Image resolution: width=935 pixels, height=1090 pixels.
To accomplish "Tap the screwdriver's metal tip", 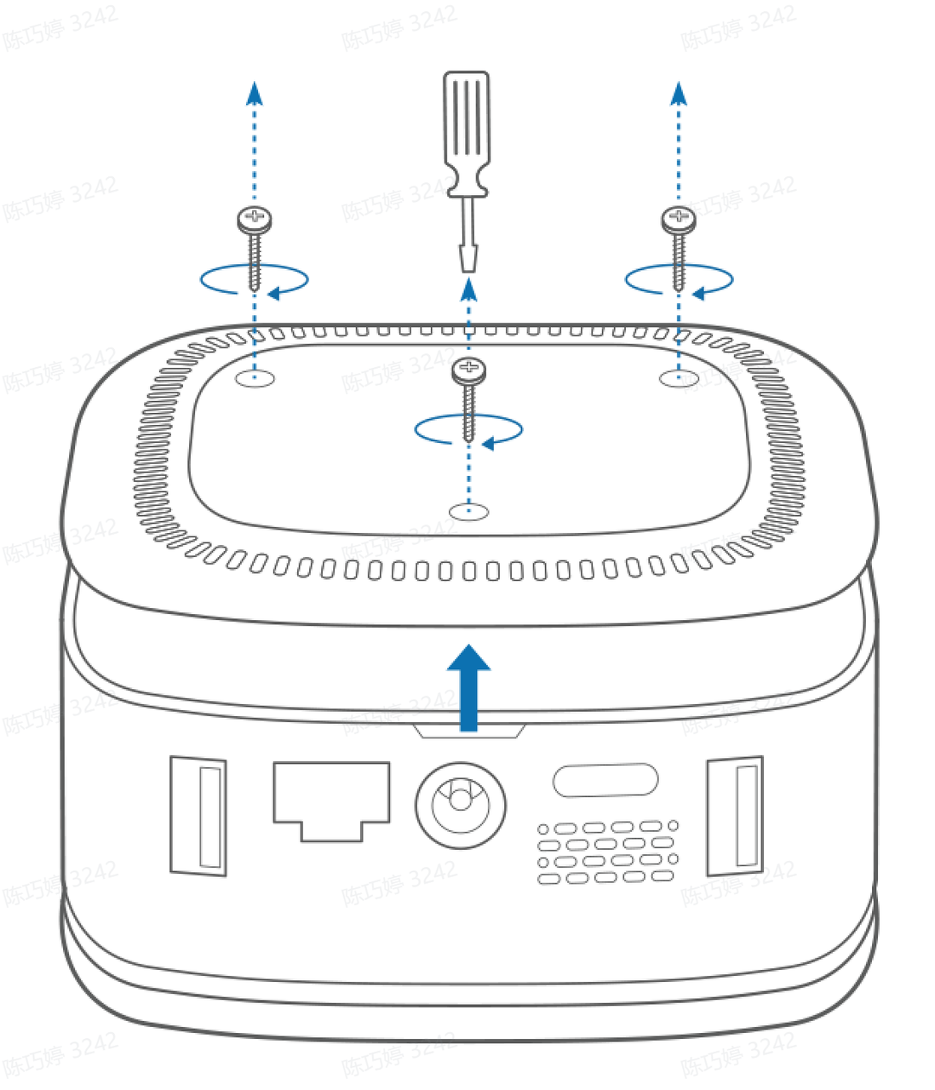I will pyautogui.click(x=467, y=257).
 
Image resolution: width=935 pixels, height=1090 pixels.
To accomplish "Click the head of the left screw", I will pyautogui.click(x=255, y=221).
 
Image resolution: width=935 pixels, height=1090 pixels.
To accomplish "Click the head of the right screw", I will pyautogui.click(x=679, y=220).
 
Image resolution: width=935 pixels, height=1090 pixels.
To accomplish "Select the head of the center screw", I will pyautogui.click(x=468, y=370).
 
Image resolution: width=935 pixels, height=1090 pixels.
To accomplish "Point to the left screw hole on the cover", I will pyautogui.click(x=255, y=377).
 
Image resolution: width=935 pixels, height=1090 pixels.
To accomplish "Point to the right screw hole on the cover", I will pyautogui.click(x=679, y=376).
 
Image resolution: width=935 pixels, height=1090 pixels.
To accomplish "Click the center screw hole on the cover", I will pyautogui.click(x=467, y=511).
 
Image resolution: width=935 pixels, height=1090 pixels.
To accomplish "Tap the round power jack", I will pyautogui.click(x=460, y=804).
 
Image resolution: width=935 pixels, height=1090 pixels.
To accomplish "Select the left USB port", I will pyautogui.click(x=198, y=815).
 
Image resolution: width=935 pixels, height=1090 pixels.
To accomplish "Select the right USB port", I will pyautogui.click(x=735, y=815).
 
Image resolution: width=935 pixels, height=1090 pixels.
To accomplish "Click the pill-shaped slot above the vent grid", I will pyautogui.click(x=605, y=780).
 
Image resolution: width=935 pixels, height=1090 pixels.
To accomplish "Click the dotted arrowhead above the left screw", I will pyautogui.click(x=255, y=92).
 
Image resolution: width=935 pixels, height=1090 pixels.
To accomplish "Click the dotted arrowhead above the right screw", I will pyautogui.click(x=679, y=92).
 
